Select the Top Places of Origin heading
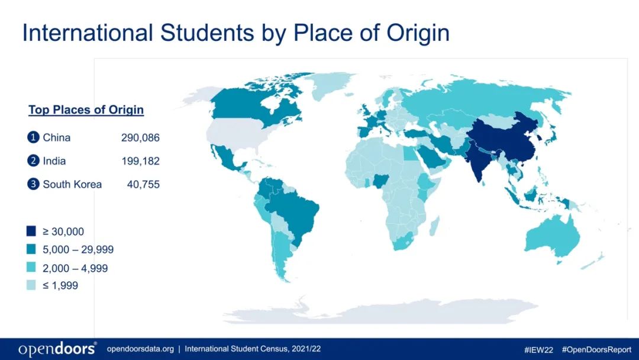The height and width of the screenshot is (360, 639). click(86, 110)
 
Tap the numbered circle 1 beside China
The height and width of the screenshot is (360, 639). click(33, 137)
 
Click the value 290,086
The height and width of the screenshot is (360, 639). click(140, 138)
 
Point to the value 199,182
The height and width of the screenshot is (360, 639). click(140, 161)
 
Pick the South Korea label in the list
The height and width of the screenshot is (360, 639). click(72, 184)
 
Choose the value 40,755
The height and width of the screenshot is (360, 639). click(143, 184)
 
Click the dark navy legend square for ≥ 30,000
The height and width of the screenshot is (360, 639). click(31, 231)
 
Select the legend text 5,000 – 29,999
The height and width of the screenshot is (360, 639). click(78, 249)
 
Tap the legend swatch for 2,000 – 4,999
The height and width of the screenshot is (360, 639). click(31, 268)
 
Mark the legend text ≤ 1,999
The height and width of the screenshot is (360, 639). click(60, 285)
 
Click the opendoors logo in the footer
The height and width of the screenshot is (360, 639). click(57, 349)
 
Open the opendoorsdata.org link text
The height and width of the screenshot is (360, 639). click(140, 349)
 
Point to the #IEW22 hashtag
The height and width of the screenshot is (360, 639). click(538, 350)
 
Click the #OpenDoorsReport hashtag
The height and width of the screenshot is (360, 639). click(596, 350)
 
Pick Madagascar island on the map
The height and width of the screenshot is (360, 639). click(434, 226)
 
